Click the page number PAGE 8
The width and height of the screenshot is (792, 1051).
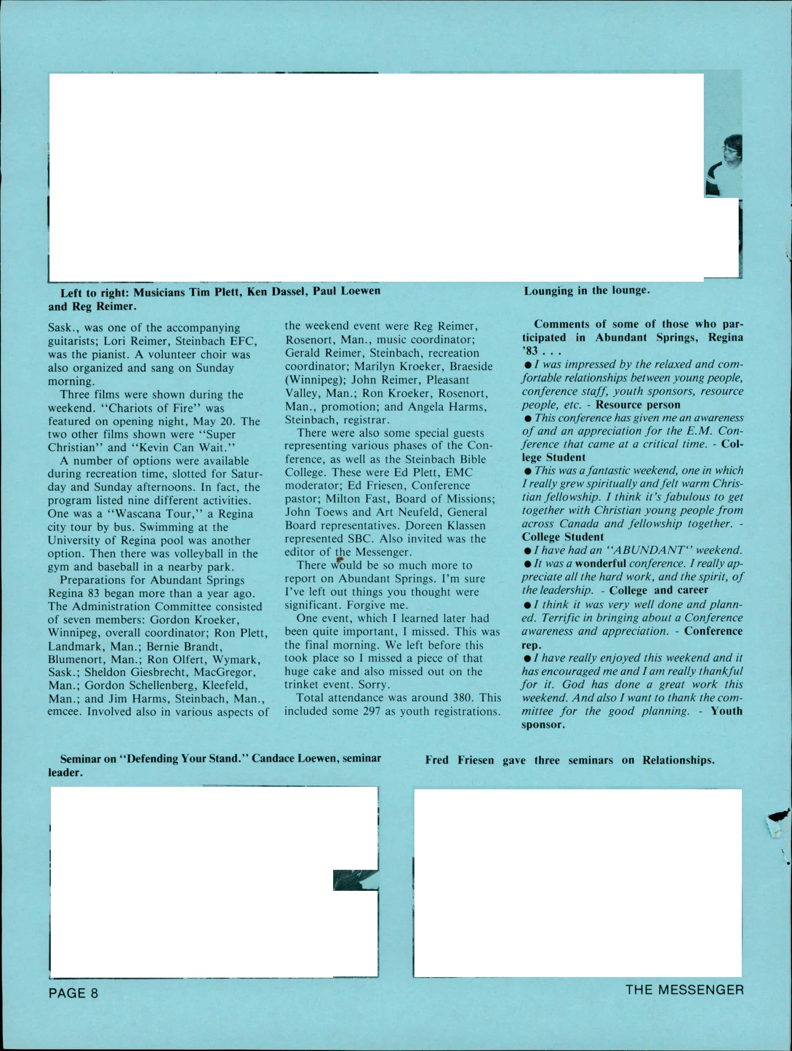pos(73,993)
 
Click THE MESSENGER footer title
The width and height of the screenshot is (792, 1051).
pos(684,990)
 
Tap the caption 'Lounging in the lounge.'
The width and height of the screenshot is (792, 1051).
pos(586,290)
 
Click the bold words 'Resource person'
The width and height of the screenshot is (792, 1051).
pos(637,405)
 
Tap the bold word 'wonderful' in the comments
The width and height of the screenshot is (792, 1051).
pos(600,563)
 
